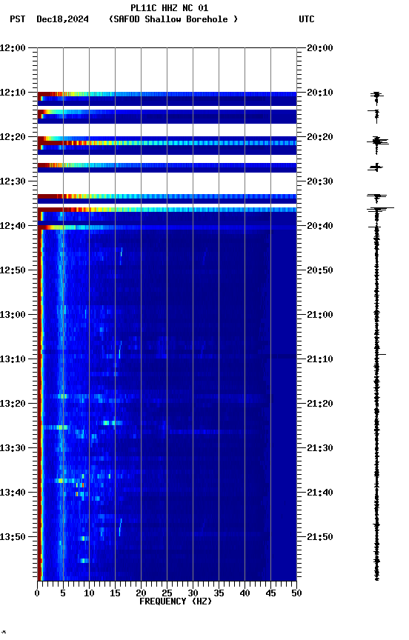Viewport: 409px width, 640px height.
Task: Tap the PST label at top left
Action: [x=18, y=19]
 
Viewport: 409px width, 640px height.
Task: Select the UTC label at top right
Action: [x=307, y=19]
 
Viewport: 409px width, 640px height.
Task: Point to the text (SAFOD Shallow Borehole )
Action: [x=173, y=19]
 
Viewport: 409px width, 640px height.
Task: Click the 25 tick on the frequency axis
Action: [x=167, y=593]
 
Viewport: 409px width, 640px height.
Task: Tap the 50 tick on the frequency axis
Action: [x=296, y=593]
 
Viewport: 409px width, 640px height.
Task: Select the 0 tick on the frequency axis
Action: [x=37, y=593]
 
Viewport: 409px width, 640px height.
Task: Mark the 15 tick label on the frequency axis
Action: [x=115, y=593]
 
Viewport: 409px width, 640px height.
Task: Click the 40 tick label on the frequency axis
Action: [x=245, y=593]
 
